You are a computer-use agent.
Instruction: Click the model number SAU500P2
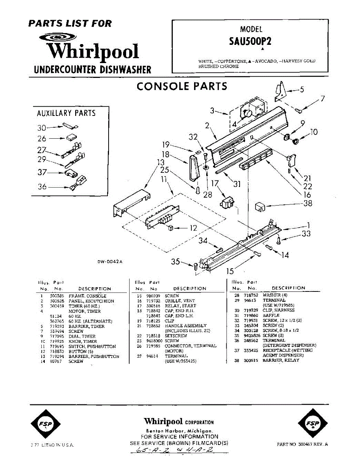coord(250,41)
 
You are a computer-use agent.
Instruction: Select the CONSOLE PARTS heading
coord(182,86)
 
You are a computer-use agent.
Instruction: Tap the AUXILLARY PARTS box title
coord(66,113)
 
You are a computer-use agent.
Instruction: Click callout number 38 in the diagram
coord(308,203)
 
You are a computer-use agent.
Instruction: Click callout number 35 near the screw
coord(175,261)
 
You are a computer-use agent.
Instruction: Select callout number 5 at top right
coord(302,90)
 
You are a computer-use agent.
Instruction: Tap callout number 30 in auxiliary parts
coord(42,128)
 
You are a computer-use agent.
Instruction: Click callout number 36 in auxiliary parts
coord(42,187)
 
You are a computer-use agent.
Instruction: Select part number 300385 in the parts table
coord(57,296)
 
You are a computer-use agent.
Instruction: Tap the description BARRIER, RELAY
coord(281,360)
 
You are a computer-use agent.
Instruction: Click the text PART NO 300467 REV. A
coord(302,444)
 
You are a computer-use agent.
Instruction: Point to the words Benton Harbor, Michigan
coord(179,431)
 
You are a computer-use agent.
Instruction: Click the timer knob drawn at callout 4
coord(247,114)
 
